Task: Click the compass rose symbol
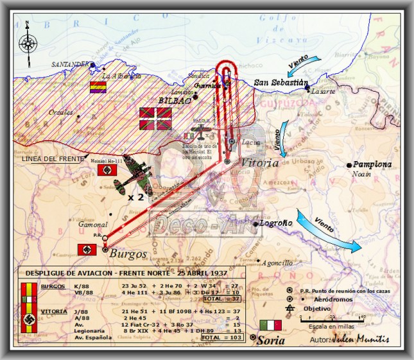click(28, 42)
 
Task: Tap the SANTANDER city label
click(71, 65)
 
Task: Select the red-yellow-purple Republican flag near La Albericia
click(98, 87)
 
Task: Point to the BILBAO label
click(175, 101)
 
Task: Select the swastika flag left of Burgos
click(87, 250)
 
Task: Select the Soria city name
click(270, 340)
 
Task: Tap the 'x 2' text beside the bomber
click(135, 197)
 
